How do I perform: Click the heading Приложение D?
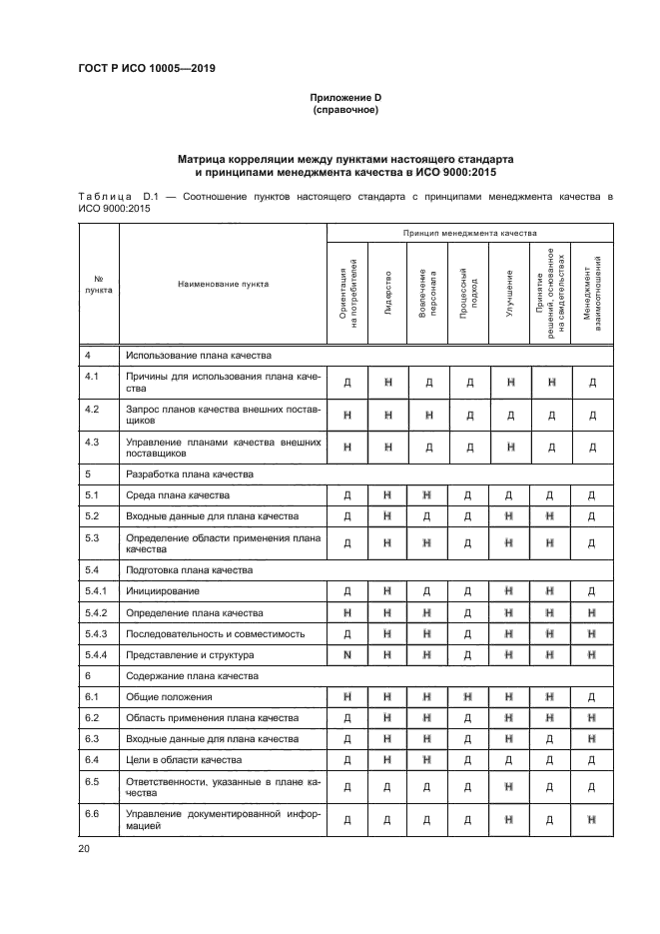pos(344,97)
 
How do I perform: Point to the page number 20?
pos(83,849)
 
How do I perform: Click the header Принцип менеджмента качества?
pos(468,232)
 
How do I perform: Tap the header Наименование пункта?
pos(223,284)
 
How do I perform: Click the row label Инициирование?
pos(158,591)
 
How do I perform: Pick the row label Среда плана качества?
pos(178,494)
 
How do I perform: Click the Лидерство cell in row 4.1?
pos(387,382)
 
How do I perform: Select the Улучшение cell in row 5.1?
pos(509,495)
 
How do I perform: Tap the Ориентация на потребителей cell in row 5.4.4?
pos(346,654)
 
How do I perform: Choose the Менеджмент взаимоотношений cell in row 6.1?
pos(592,696)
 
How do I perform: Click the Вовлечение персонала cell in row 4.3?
pos(427,448)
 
